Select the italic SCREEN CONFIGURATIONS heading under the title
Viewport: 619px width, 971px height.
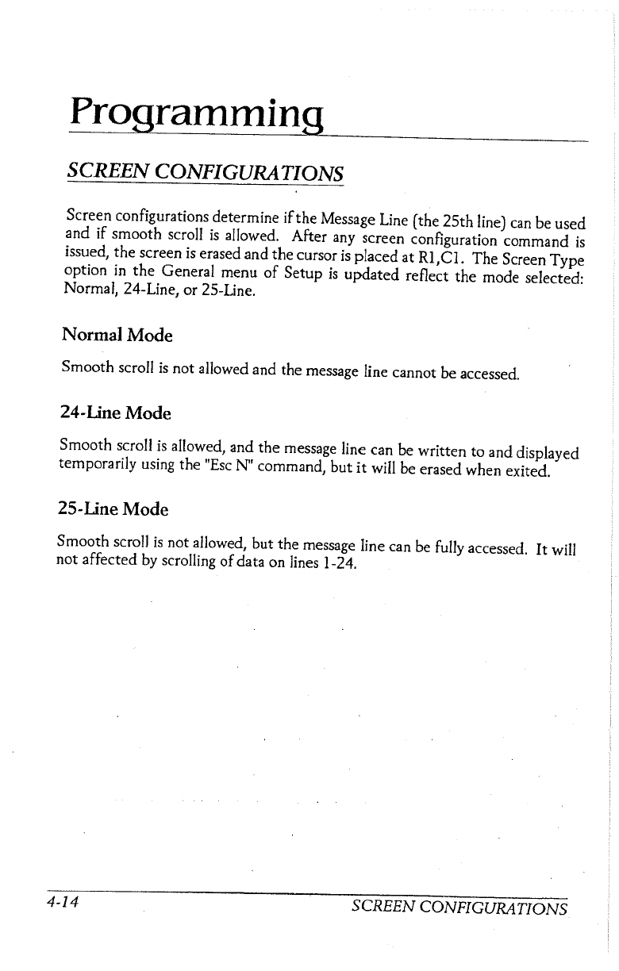[x=206, y=172]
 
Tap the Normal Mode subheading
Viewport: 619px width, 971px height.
[x=117, y=336]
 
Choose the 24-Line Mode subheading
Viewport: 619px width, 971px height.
[x=115, y=414]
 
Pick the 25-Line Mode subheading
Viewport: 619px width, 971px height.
[x=115, y=508]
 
